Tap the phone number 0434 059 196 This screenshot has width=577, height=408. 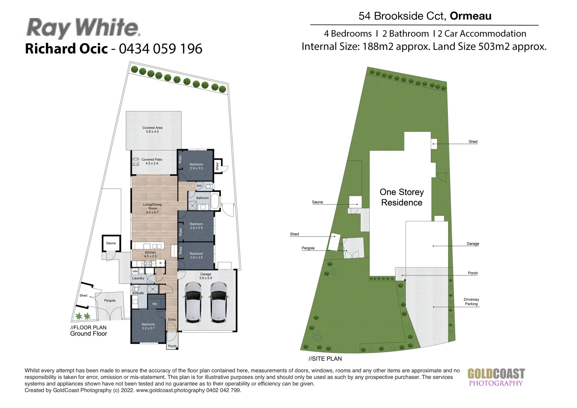point(160,49)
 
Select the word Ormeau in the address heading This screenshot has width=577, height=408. point(471,16)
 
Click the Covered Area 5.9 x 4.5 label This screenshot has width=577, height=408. point(152,130)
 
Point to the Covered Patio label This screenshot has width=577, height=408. point(152,161)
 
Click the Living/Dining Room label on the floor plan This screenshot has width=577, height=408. point(152,208)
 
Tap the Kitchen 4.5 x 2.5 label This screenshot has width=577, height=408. point(150,254)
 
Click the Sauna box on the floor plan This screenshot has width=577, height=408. point(111,243)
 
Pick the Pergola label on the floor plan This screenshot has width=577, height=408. point(110,300)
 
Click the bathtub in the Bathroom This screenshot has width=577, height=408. point(214,201)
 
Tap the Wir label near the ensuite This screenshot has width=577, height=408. point(155,304)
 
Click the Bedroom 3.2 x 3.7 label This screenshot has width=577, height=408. point(148,326)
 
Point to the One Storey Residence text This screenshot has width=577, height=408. point(401,197)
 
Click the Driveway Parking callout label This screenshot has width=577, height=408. point(471,301)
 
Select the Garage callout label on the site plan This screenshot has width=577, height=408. point(472,244)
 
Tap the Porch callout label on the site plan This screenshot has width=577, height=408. point(472,273)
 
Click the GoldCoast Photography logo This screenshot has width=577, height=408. point(496,377)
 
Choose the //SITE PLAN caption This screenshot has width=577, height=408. point(325,359)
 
